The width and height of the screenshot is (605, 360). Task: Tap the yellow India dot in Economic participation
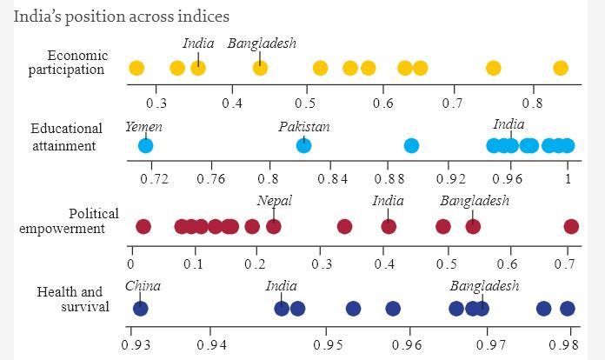tap(198, 69)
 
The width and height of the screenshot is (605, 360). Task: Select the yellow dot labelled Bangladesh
tap(260, 69)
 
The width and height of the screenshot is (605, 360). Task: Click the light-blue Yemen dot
tap(145, 145)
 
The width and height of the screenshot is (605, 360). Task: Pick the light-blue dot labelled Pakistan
tap(303, 145)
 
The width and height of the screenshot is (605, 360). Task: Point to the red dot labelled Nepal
tap(274, 227)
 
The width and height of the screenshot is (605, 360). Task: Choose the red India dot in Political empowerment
tap(389, 227)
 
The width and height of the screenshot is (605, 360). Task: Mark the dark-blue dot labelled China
tap(140, 308)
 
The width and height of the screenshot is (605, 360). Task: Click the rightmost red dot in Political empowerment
tap(571, 227)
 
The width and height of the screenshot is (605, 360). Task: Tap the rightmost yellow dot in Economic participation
tap(561, 69)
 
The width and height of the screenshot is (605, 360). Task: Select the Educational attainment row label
tap(66, 137)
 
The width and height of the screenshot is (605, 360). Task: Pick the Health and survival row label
tap(75, 298)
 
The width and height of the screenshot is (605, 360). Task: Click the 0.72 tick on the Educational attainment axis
tap(154, 179)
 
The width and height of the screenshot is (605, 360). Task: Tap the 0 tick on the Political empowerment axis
tap(130, 262)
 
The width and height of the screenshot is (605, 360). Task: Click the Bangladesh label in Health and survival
tap(484, 286)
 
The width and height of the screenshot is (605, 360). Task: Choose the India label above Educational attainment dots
tap(509, 124)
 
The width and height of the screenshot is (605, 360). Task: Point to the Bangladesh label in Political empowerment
tap(474, 201)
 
